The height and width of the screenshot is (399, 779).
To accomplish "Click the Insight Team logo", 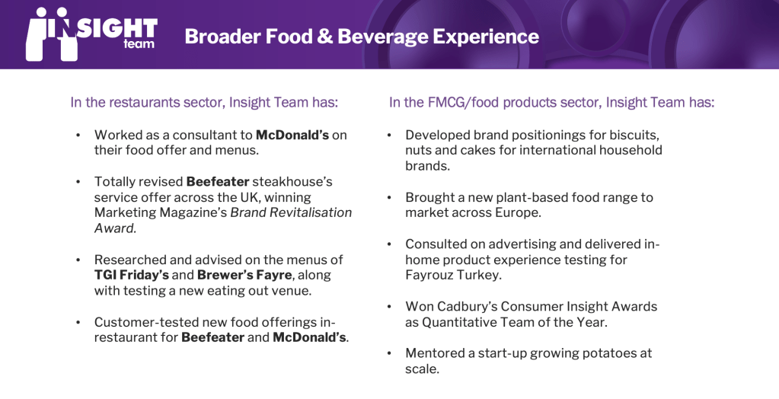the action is point(92,34).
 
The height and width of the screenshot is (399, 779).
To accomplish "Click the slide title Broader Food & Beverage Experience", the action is point(362,37).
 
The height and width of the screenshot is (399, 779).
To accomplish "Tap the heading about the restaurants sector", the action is point(204,102).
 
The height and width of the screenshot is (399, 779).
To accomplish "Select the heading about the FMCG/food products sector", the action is point(551,102).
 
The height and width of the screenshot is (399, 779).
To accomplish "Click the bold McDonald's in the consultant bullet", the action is point(292,135).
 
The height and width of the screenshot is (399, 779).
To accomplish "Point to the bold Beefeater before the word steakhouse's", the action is point(218,181).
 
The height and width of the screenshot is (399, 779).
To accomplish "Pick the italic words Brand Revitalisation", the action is point(291,212).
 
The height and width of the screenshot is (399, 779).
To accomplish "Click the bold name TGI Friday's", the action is point(132,276).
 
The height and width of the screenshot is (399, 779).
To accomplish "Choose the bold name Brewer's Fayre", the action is point(244,276).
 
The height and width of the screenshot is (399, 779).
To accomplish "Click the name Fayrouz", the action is point(426,276).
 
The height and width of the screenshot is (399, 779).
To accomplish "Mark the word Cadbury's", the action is point(465,307).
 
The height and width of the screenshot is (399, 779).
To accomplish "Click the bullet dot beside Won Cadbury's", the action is point(390,307).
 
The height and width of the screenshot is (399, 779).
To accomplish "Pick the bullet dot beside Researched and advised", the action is point(78,260).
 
